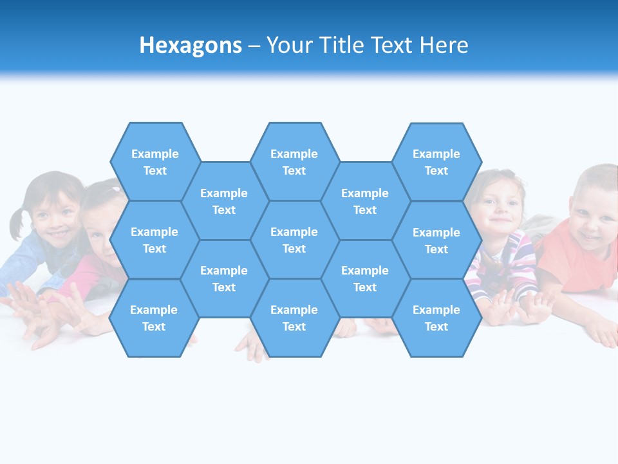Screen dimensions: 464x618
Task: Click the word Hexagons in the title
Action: click(x=191, y=45)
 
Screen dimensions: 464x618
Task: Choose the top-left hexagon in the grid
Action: click(x=155, y=162)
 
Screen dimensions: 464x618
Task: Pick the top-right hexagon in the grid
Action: click(x=436, y=162)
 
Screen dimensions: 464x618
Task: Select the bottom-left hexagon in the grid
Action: click(x=154, y=318)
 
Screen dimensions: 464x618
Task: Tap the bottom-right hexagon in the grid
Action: click(x=436, y=318)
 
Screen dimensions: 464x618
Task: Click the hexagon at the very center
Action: click(x=294, y=240)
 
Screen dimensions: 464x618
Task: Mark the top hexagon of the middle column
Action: click(x=294, y=162)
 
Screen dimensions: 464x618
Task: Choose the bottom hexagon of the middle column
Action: click(x=294, y=318)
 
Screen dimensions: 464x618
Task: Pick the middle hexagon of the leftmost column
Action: click(x=154, y=240)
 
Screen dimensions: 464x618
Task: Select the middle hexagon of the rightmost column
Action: click(x=436, y=240)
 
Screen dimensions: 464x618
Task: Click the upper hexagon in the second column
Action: click(x=224, y=201)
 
